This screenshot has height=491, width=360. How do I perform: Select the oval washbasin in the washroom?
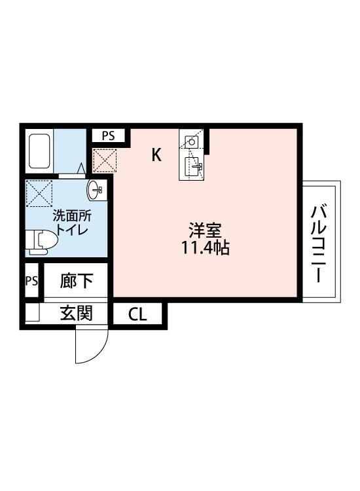(95, 190)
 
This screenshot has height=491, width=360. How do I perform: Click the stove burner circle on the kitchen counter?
(192, 141)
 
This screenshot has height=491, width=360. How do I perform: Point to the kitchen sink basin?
(192, 166)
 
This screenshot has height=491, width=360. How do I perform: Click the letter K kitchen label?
(157, 155)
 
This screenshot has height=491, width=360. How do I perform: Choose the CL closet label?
(137, 315)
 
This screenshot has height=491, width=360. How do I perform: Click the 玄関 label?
(75, 313)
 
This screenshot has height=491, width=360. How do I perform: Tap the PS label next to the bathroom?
(108, 136)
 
